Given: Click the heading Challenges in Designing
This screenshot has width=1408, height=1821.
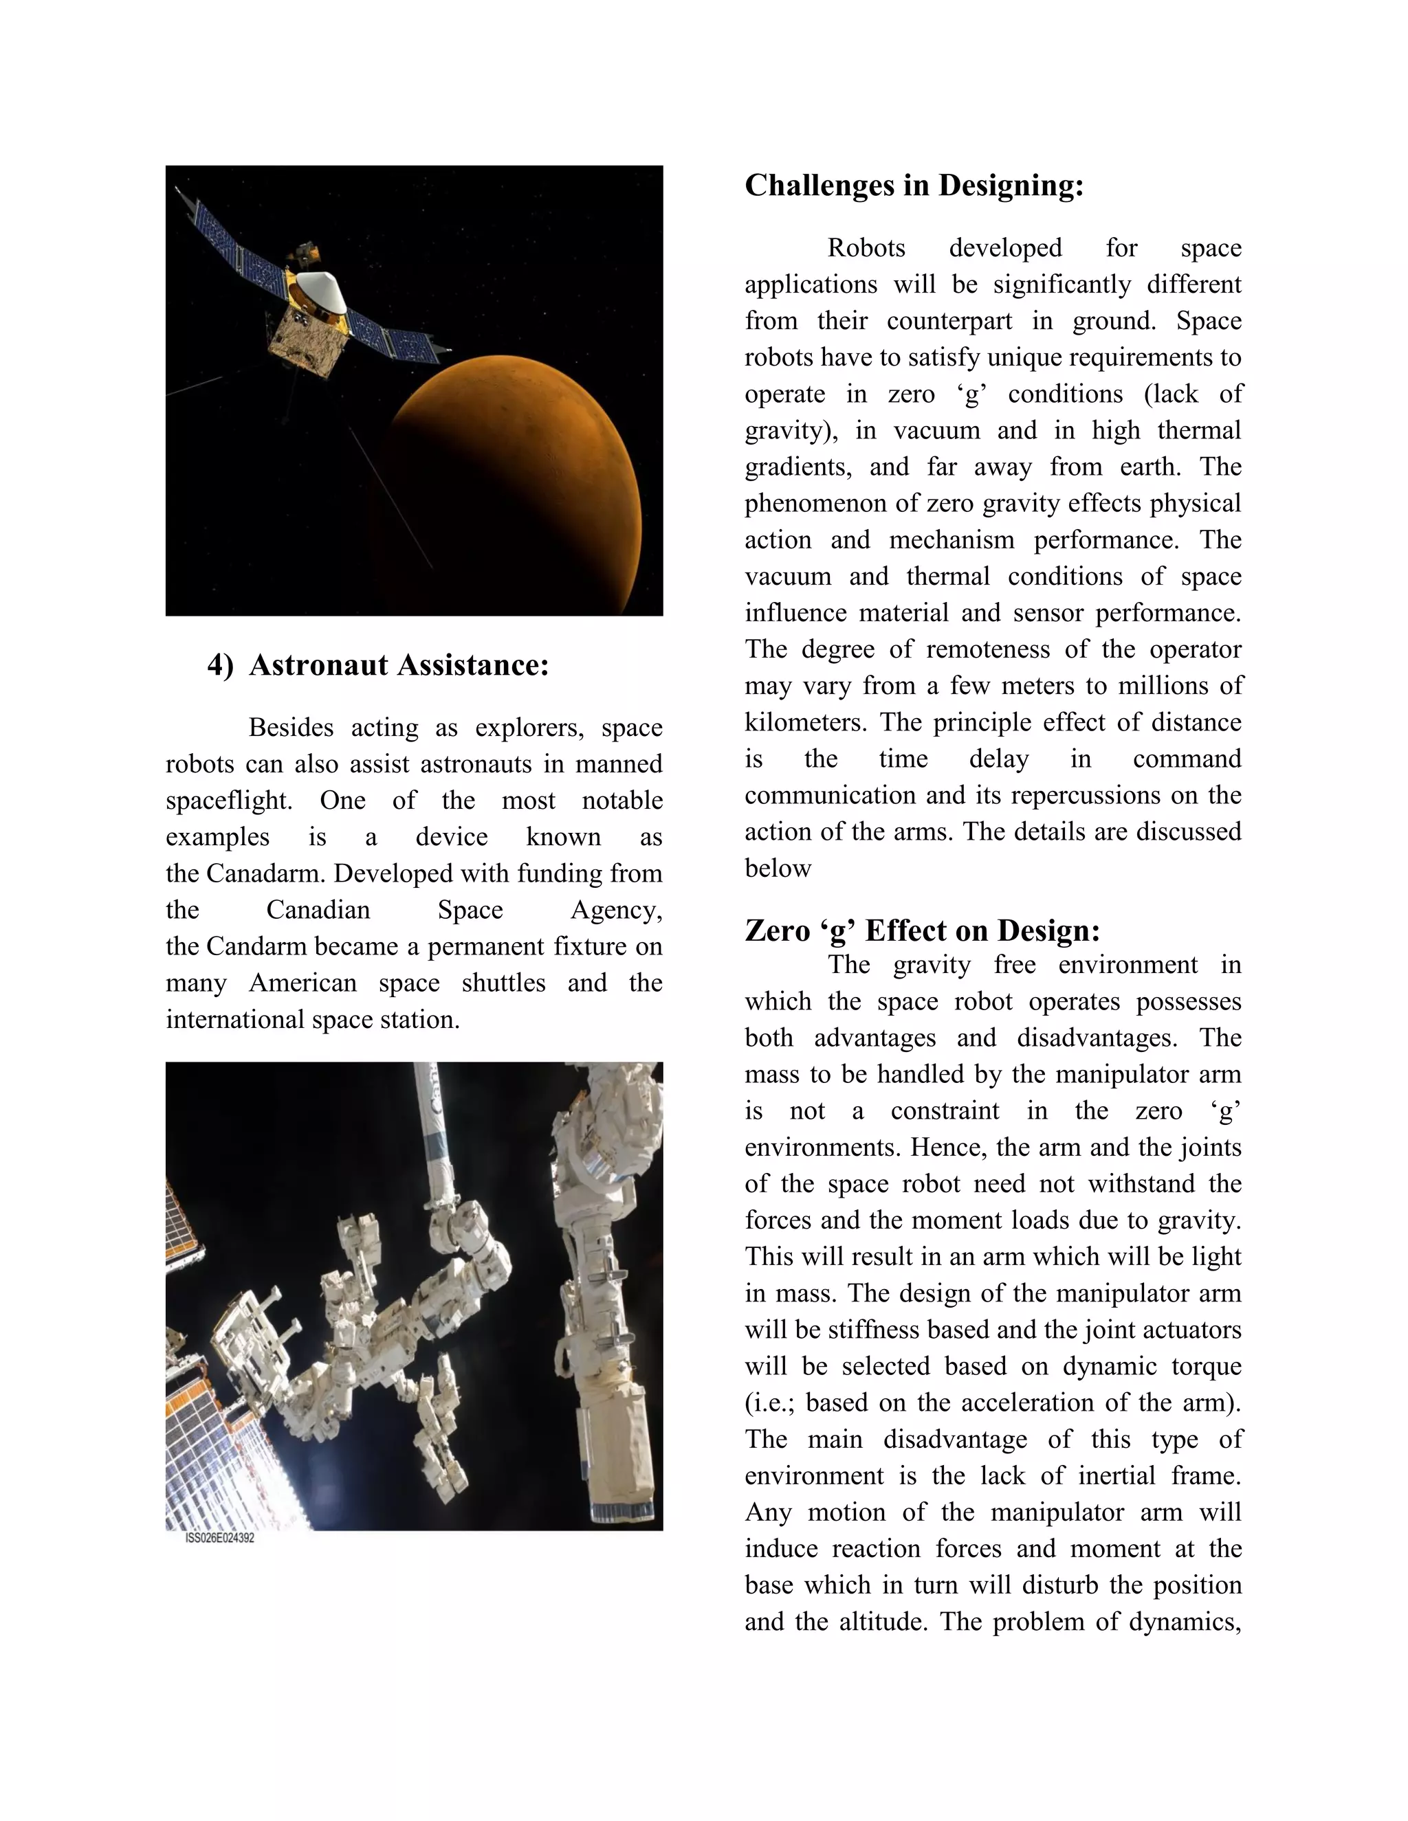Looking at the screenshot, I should click(914, 185).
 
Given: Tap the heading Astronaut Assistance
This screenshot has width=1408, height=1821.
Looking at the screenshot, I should click(399, 664).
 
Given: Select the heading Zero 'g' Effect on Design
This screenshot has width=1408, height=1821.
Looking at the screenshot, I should click(922, 930).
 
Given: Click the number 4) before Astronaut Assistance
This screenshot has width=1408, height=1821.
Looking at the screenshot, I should click(220, 665).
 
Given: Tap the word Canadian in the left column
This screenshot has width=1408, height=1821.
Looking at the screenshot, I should click(318, 910).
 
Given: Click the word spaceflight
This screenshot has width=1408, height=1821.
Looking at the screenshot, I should click(228, 801).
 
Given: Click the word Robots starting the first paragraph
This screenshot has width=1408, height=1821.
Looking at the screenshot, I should click(866, 249).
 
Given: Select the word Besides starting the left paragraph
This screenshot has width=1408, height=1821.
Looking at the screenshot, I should click(290, 728).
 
